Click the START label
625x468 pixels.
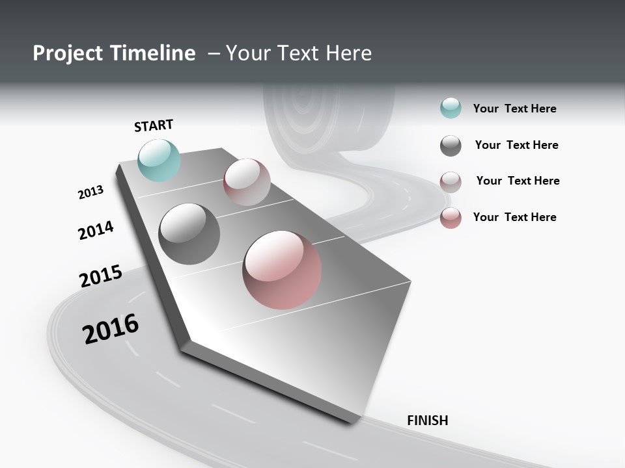(154, 125)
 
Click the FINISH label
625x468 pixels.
(427, 421)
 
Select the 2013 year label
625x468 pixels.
(90, 192)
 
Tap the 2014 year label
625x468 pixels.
(96, 230)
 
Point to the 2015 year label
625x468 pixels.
(100, 276)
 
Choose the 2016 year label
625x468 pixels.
(111, 329)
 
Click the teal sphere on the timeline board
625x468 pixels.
(160, 160)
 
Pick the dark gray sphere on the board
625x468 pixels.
(189, 234)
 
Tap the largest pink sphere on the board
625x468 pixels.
(282, 269)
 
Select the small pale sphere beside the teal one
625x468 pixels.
(247, 182)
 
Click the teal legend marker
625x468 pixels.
(451, 109)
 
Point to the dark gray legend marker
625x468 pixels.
(451, 146)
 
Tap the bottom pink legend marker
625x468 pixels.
(451, 218)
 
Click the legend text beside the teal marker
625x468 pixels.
(514, 109)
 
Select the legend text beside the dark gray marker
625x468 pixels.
(516, 145)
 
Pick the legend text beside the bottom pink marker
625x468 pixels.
(514, 217)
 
